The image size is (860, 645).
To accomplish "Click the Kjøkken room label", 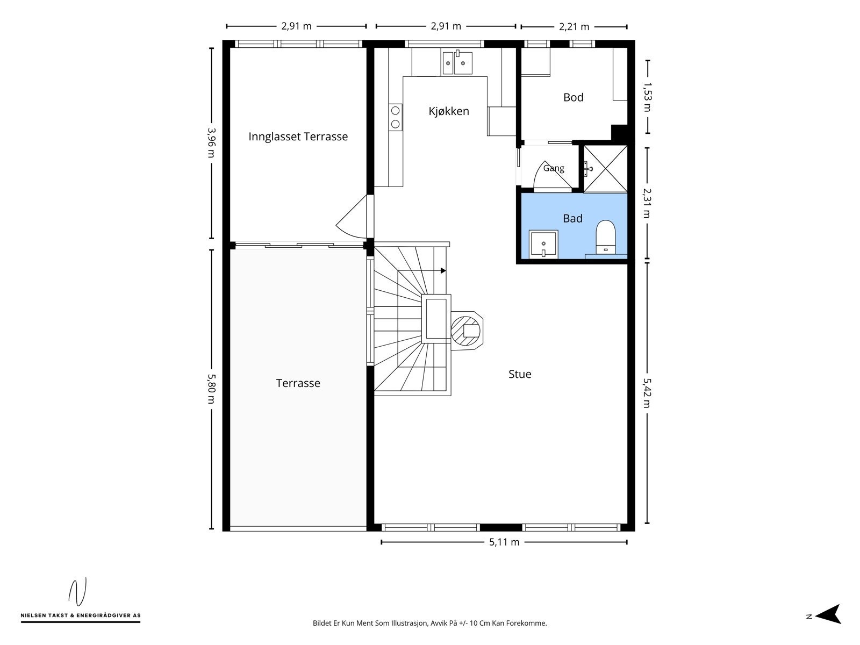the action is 449,111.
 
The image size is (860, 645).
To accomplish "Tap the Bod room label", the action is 573,97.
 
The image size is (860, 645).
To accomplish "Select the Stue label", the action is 520,374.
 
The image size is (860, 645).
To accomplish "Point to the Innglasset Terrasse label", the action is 298,137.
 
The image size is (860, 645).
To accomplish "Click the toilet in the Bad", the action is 606,237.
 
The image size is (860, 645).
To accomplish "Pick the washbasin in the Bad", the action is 543,245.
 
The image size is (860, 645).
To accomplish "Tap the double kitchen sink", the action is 457,62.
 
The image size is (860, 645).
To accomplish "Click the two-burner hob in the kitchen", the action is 395,117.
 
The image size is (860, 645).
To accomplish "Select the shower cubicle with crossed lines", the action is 605,169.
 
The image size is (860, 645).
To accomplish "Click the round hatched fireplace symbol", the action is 466,331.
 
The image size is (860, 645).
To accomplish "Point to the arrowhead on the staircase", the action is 443,270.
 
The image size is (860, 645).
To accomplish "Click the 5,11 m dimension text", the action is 504,542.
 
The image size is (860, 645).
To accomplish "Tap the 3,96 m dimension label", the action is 212,142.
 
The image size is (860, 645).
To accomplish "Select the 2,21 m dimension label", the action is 574,27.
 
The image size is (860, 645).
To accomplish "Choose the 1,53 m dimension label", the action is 647,97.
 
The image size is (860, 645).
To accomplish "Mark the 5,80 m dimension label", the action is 212,389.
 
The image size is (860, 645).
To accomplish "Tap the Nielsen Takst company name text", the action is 81,615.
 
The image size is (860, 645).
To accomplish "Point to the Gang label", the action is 554,168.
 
